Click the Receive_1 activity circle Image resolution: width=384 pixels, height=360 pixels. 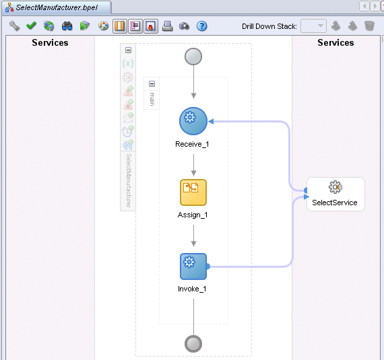point(193,121)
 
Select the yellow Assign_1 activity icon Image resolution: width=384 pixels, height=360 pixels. point(193,192)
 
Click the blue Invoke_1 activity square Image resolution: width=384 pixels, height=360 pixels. point(193,266)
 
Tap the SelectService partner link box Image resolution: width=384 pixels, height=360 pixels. point(335,194)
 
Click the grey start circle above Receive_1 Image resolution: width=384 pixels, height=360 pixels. point(193,57)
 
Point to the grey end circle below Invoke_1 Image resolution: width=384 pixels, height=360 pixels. point(193,344)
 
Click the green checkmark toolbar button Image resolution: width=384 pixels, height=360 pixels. point(31,26)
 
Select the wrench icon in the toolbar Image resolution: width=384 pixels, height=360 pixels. point(14,26)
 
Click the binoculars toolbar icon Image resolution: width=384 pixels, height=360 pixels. point(67,26)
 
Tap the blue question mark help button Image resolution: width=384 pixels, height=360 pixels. point(202,26)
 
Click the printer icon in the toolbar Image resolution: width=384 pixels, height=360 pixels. point(168,26)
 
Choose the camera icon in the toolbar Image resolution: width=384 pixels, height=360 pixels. point(184,26)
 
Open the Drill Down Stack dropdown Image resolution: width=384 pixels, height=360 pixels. point(313,26)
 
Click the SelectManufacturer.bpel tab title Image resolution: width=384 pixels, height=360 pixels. point(57,7)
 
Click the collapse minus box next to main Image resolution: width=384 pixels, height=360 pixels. point(152,84)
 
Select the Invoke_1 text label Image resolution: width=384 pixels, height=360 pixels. point(192,289)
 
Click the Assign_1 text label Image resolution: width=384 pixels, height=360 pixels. point(193,215)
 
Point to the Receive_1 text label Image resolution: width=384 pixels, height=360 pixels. point(192,144)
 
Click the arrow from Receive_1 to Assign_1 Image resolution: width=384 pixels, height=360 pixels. point(193,165)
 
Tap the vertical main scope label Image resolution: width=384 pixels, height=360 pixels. point(152,99)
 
